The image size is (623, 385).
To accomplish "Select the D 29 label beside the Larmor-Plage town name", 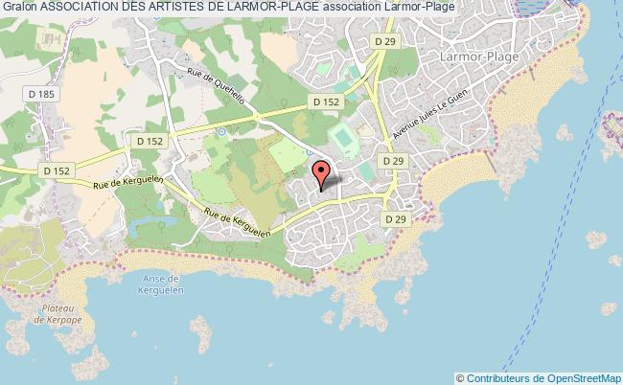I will coord(384,41).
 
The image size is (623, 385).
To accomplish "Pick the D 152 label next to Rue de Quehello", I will coord(321,102).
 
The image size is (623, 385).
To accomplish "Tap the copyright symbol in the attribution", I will coord(460,378).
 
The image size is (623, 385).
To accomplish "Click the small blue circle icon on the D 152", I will coord(221,131).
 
